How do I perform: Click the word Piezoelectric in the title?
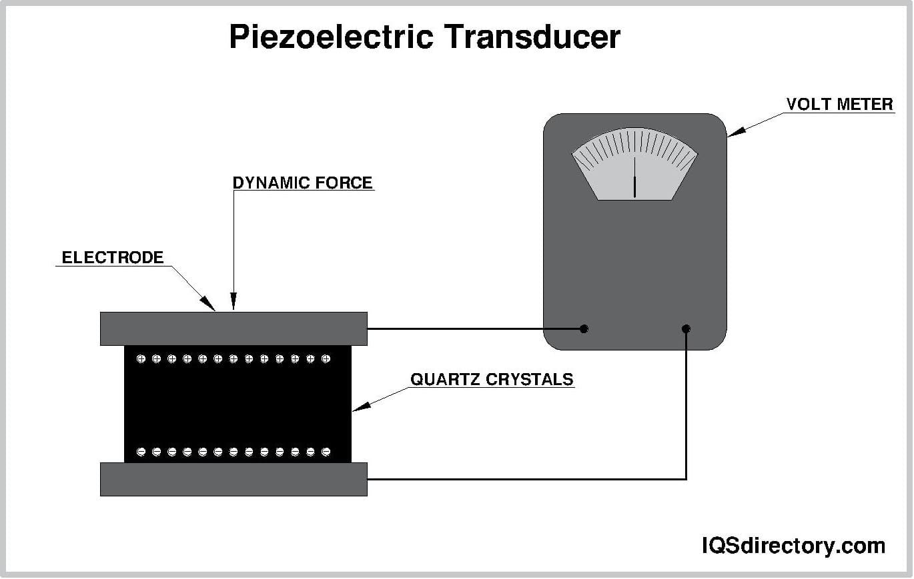click(x=331, y=37)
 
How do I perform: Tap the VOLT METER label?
click(x=839, y=104)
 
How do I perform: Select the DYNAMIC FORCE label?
click(x=302, y=182)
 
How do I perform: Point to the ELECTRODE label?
click(x=113, y=257)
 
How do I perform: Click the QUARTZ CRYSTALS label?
click(x=492, y=379)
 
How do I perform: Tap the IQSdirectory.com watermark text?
click(x=793, y=546)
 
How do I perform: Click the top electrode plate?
click(x=234, y=328)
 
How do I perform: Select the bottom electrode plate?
click(x=234, y=479)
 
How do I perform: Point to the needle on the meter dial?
click(x=634, y=183)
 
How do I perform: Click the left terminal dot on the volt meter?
click(x=584, y=328)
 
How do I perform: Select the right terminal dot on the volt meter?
click(x=686, y=328)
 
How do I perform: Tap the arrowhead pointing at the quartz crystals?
click(x=358, y=408)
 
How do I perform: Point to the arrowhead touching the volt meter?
click(x=733, y=134)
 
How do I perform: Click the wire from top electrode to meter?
click(x=467, y=328)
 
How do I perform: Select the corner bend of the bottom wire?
click(x=686, y=478)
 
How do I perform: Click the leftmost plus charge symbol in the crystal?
click(x=141, y=359)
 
